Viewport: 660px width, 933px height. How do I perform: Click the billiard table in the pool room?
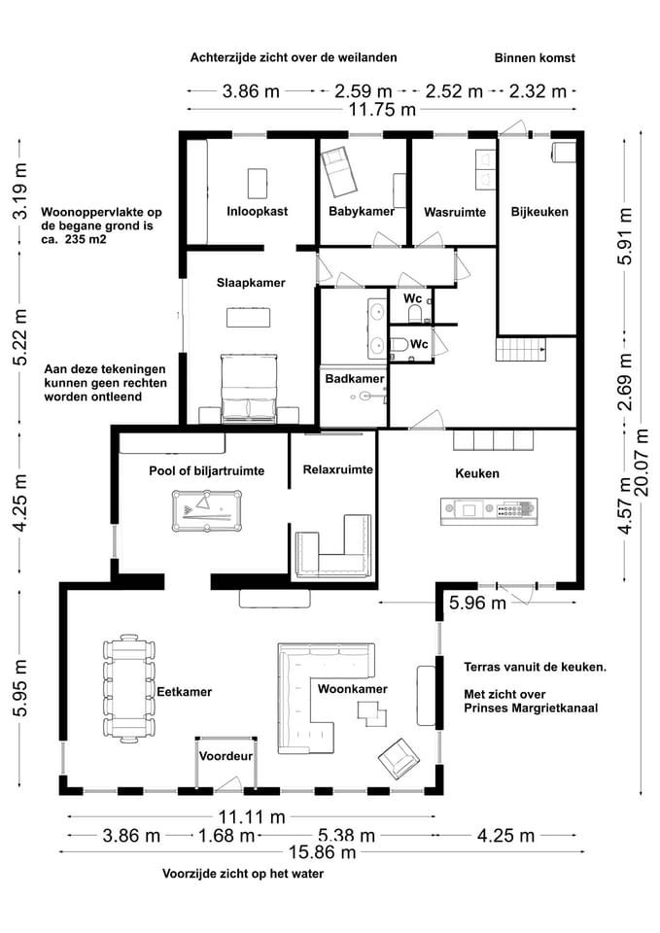(209, 508)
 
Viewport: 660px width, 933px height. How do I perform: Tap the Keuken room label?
(477, 473)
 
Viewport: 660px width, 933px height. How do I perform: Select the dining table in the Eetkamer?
(126, 689)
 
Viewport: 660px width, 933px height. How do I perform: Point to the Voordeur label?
(226, 755)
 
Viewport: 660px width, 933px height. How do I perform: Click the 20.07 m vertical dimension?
(642, 474)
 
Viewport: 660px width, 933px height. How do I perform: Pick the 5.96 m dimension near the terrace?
(477, 603)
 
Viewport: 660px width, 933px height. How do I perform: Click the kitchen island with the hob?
(488, 509)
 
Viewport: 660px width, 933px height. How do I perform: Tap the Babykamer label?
(361, 211)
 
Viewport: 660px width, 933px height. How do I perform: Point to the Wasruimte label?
(454, 212)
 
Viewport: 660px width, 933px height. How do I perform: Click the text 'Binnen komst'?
(534, 58)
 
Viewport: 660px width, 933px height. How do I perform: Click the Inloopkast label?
(257, 211)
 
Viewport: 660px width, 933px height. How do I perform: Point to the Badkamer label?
(354, 379)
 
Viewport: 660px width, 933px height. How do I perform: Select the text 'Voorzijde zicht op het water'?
(243, 874)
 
